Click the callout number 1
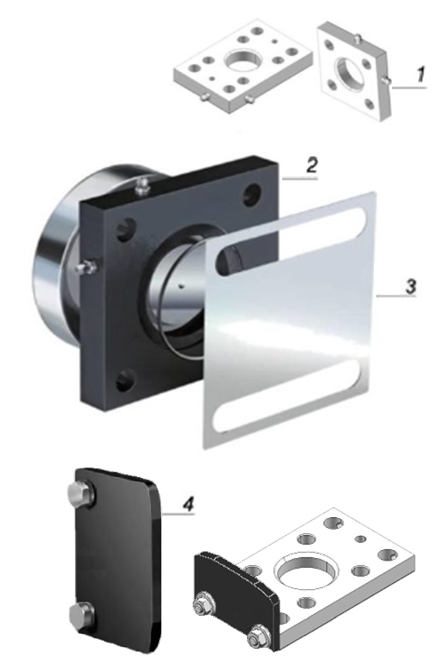pyautogui.click(x=419, y=74)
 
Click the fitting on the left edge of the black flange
pyautogui.click(x=86, y=267)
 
